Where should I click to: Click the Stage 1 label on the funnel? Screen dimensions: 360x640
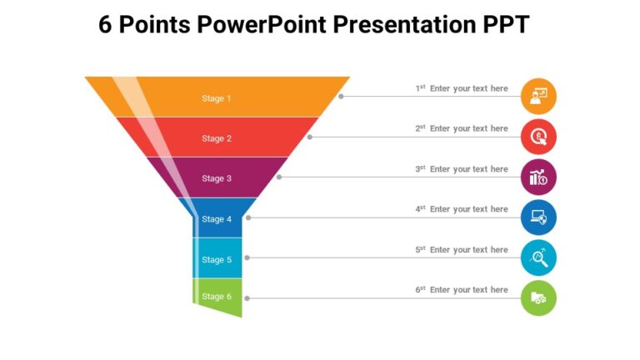(217, 98)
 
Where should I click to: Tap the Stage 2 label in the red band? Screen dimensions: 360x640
(217, 138)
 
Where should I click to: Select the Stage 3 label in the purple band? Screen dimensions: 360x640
(217, 178)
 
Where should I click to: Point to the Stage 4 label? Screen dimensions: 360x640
(217, 219)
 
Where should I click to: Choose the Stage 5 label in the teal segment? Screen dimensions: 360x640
(217, 259)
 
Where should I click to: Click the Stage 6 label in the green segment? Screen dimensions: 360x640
(217, 297)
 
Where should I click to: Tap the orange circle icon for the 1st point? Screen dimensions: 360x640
(538, 97)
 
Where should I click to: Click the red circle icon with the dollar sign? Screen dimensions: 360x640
(538, 137)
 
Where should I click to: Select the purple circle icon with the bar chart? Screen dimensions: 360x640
(538, 177)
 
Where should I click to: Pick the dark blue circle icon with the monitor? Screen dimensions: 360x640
(538, 217)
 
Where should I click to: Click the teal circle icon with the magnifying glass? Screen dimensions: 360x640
(538, 257)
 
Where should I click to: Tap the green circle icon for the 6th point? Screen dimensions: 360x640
(538, 297)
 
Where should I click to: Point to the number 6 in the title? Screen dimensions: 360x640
(106, 25)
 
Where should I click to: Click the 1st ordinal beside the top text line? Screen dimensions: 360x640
(420, 88)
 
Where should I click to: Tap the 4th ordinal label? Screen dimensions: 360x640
(420, 209)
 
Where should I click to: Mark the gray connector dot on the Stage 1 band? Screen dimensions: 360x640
(341, 97)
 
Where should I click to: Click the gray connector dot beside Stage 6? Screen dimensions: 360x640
(247, 297)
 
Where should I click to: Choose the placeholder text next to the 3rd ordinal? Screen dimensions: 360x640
(468, 169)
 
